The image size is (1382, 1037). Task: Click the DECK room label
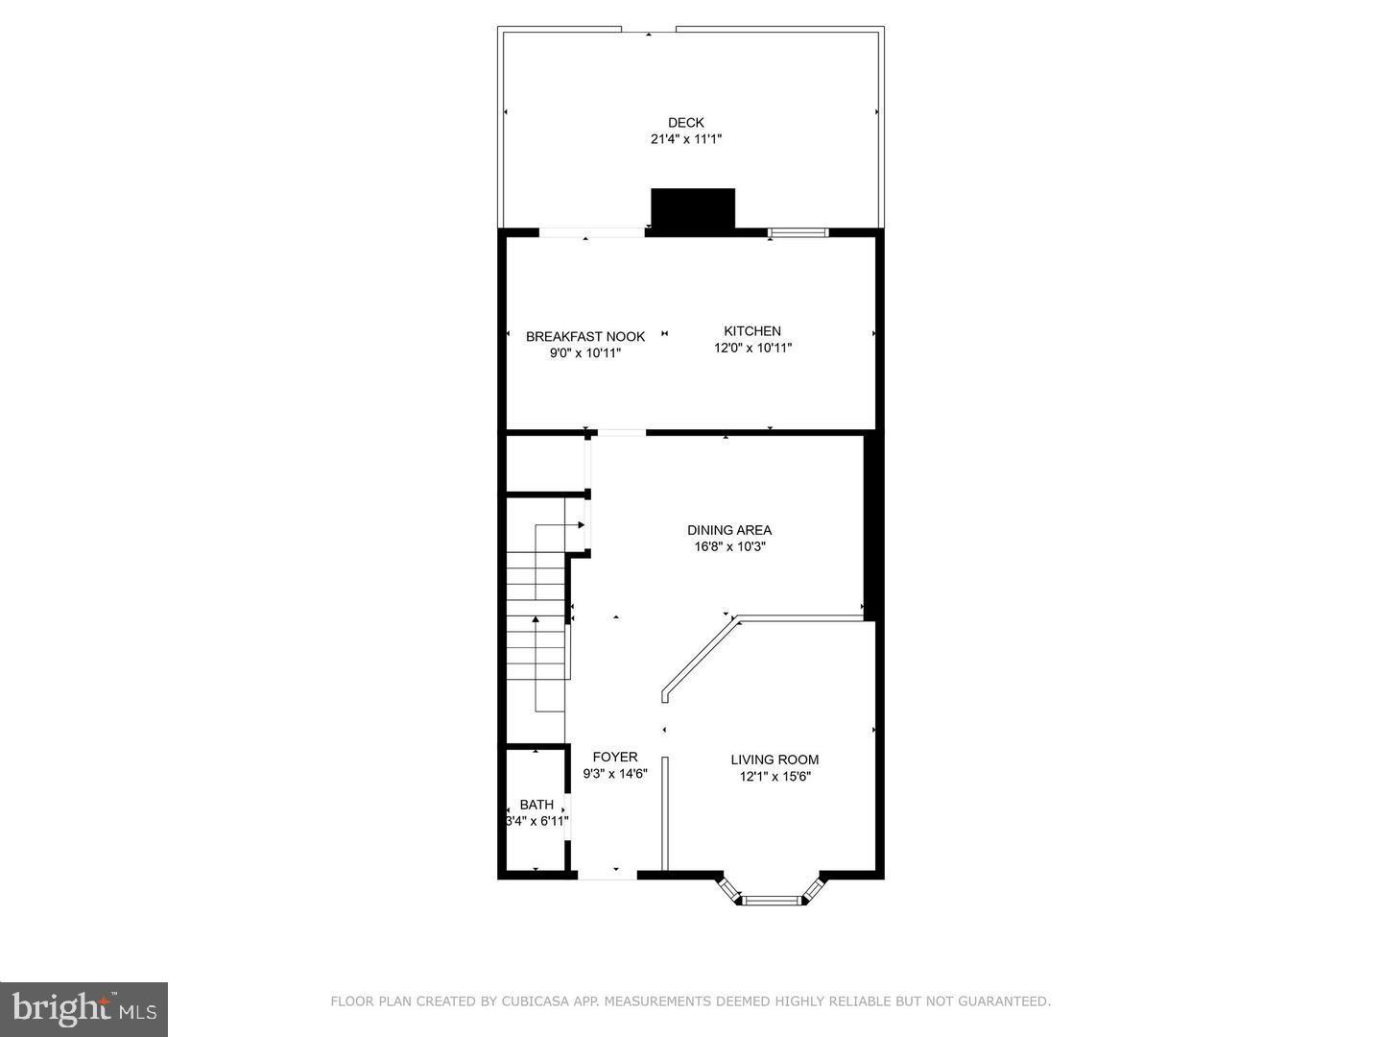(x=685, y=122)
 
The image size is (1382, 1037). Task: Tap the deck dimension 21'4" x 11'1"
(x=685, y=139)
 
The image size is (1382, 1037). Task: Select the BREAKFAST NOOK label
(x=584, y=336)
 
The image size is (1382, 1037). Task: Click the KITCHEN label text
(x=751, y=331)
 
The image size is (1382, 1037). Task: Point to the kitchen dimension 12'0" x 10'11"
(x=752, y=349)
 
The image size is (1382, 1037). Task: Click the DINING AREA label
(x=728, y=530)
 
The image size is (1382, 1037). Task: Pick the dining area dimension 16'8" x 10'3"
(x=729, y=547)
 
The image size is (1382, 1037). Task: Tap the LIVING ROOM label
(x=774, y=760)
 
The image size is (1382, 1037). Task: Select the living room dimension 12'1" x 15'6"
(x=774, y=777)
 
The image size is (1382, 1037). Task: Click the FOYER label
(x=614, y=757)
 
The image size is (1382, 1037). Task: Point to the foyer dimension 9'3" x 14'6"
(x=615, y=774)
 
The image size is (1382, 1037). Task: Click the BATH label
(x=536, y=805)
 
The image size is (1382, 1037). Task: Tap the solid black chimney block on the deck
(x=692, y=208)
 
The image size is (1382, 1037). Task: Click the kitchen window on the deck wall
(x=798, y=232)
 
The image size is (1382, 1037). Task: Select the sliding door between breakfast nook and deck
(x=591, y=232)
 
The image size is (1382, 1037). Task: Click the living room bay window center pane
(x=772, y=900)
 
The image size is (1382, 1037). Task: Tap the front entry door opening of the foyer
(x=607, y=874)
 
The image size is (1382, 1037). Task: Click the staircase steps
(x=536, y=624)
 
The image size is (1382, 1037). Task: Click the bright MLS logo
(x=83, y=1008)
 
